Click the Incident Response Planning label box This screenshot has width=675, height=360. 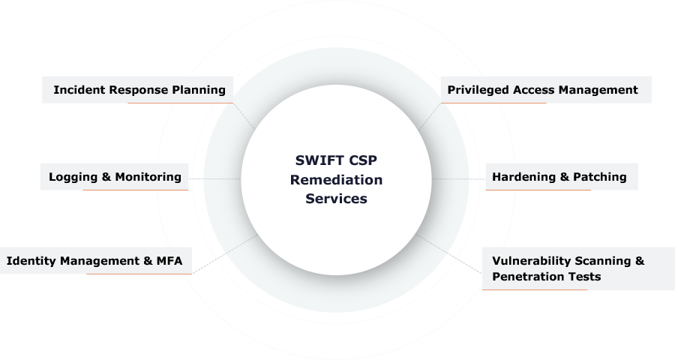click(x=138, y=90)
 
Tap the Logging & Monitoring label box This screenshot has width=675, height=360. click(x=115, y=177)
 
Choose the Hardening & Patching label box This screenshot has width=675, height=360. click(x=560, y=177)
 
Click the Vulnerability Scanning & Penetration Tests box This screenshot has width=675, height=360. click(x=577, y=268)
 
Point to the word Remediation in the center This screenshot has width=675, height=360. click(x=336, y=180)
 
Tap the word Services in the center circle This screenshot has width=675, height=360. click(x=336, y=199)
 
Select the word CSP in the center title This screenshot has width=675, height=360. click(x=361, y=160)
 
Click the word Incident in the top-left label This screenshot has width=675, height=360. click(x=78, y=90)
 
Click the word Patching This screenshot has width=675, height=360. click(x=599, y=177)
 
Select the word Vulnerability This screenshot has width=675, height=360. click(x=530, y=261)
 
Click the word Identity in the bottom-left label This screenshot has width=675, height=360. click(x=31, y=261)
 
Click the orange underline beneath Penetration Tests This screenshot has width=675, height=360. click(x=534, y=289)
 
